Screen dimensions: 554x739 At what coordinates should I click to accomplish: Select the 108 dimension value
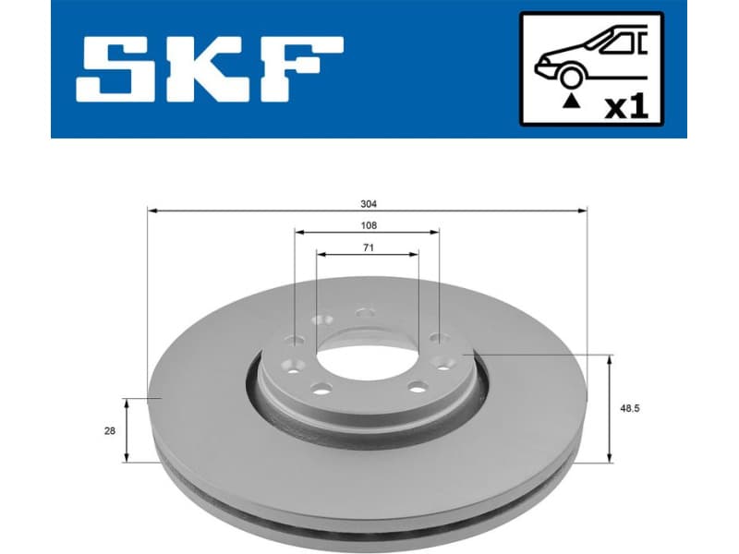tap(368, 225)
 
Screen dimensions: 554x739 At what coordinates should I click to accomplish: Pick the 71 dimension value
tap(368, 247)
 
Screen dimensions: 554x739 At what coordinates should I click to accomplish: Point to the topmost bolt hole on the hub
tap(367, 313)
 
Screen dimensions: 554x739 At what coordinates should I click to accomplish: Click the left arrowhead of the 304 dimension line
tap(152, 211)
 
